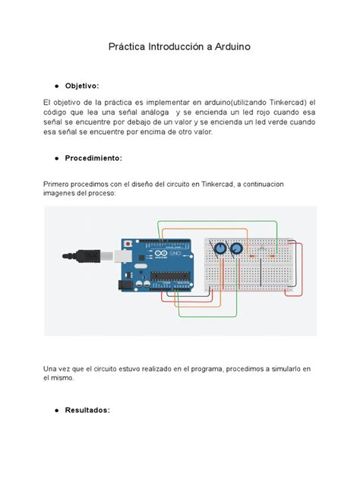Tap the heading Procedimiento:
pyautogui.click(x=98, y=158)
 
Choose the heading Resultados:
pyautogui.click(x=88, y=410)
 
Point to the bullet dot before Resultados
pyautogui.click(x=58, y=411)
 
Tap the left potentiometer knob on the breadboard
pyautogui.click(x=219, y=248)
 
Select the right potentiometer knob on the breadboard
pyautogui.click(x=236, y=248)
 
